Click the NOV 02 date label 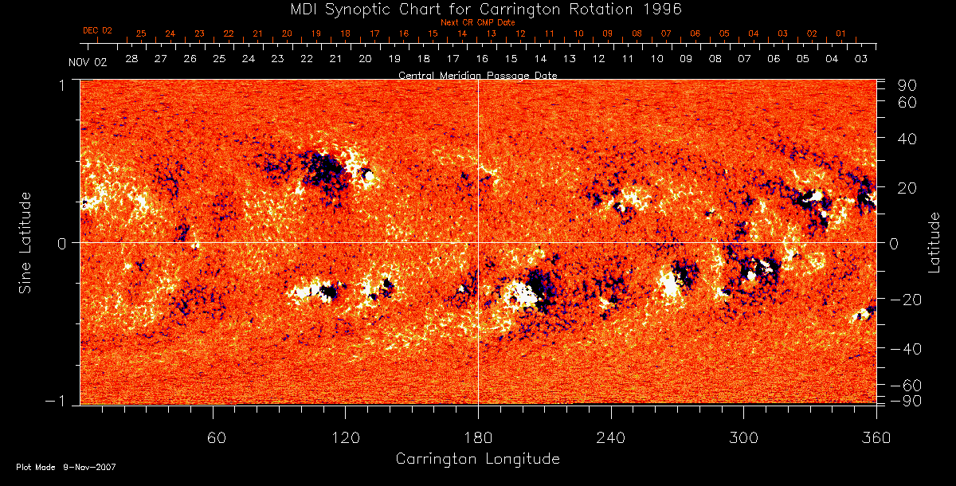pyautogui.click(x=87, y=62)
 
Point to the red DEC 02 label pyautogui.click(x=98, y=30)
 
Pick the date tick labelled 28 pyautogui.click(x=131, y=60)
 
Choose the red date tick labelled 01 pyautogui.click(x=840, y=33)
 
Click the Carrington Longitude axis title pyautogui.click(x=477, y=459)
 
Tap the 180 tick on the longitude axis pyautogui.click(x=478, y=437)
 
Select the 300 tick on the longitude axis pyautogui.click(x=743, y=437)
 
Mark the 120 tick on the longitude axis pyautogui.click(x=346, y=437)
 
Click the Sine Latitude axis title pyautogui.click(x=26, y=242)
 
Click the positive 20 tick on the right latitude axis pyautogui.click(x=909, y=187)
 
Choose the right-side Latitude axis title pyautogui.click(x=934, y=242)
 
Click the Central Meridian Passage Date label pyautogui.click(x=477, y=75)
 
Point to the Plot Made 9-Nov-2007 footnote pyautogui.click(x=66, y=467)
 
